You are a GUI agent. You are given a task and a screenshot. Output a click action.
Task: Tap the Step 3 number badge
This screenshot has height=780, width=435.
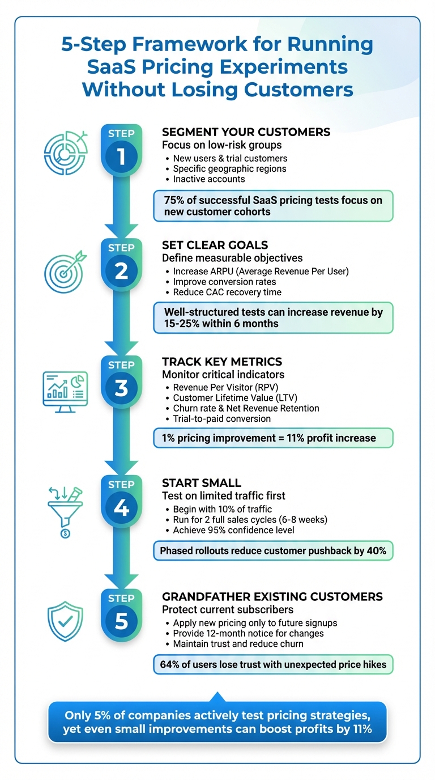(x=121, y=388)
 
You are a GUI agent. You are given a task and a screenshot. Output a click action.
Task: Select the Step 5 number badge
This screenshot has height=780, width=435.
(x=121, y=621)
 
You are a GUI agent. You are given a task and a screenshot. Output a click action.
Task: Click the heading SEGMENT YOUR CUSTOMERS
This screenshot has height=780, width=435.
(x=246, y=132)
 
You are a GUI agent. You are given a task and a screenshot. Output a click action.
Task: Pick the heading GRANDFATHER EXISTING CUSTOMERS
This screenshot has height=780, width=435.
(x=272, y=597)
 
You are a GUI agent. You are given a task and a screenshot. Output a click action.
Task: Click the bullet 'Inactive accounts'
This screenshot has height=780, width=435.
(x=209, y=179)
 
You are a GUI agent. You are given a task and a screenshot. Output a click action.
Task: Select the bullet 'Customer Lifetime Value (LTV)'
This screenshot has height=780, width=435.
(x=235, y=398)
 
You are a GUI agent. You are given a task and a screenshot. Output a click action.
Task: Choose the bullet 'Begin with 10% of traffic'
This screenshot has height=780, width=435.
(x=222, y=509)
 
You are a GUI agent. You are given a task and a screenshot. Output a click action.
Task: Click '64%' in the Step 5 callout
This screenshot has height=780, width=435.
(x=172, y=664)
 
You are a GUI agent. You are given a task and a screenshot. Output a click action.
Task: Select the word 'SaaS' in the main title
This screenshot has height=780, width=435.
(x=113, y=66)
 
